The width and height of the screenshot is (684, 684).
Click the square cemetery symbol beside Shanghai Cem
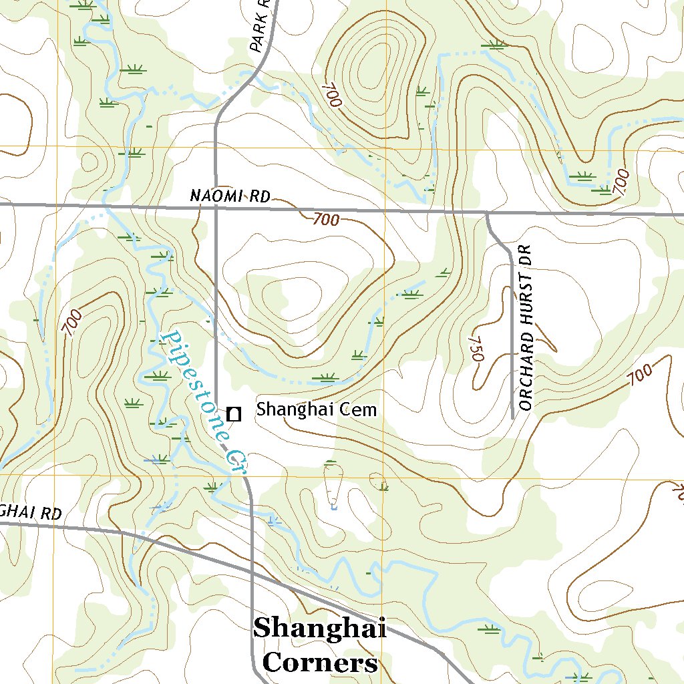(x=233, y=414)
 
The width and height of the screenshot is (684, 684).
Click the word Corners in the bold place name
(x=320, y=663)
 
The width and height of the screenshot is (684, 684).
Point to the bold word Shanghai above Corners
(x=320, y=628)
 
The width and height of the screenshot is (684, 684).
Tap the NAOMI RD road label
(x=230, y=196)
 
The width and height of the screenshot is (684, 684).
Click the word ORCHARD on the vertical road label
(x=526, y=375)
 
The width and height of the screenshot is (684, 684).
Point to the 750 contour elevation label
(x=476, y=348)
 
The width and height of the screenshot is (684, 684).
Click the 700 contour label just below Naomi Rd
(x=325, y=219)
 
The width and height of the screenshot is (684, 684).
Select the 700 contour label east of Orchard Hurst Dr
(x=640, y=375)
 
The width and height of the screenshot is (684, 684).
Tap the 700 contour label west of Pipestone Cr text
(x=72, y=323)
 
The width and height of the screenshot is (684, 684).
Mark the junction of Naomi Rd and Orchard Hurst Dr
(x=487, y=214)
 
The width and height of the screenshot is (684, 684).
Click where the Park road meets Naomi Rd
(x=216, y=208)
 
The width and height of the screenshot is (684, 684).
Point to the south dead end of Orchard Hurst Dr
(x=512, y=418)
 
